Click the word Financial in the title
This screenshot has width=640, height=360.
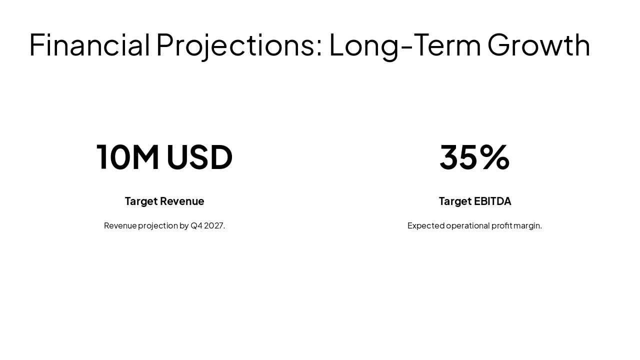click(89, 45)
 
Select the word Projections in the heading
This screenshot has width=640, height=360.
click(235, 45)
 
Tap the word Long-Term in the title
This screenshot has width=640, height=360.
click(404, 45)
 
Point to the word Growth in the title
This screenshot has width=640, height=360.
click(538, 45)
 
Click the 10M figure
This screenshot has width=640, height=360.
click(128, 157)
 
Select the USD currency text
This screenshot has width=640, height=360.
click(199, 157)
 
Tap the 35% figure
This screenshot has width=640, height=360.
click(474, 157)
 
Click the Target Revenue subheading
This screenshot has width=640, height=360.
click(164, 201)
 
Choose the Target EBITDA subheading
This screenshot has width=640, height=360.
click(474, 201)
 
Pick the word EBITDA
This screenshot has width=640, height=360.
click(492, 201)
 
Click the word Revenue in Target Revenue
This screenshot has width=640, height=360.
click(182, 201)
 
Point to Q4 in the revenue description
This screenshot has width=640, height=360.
click(196, 225)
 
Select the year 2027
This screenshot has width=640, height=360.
click(214, 225)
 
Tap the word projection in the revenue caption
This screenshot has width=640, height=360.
click(158, 225)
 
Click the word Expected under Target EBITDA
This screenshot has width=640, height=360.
click(426, 225)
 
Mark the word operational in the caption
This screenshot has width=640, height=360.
click(468, 225)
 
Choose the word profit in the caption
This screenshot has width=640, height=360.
click(502, 225)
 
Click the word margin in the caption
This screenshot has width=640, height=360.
click(527, 225)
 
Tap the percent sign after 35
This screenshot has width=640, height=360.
click(495, 157)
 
